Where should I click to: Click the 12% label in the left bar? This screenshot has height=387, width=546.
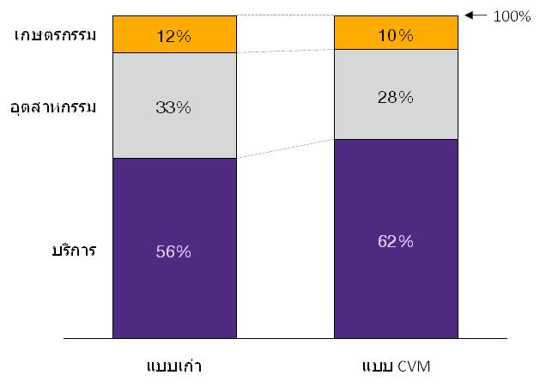pyautogui.click(x=174, y=35)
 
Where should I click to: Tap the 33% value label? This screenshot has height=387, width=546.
pyautogui.click(x=174, y=107)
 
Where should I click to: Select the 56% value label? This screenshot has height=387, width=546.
pyautogui.click(x=174, y=251)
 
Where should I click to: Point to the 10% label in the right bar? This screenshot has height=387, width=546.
pyautogui.click(x=395, y=35)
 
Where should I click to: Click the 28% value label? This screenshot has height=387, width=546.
pyautogui.click(x=395, y=97)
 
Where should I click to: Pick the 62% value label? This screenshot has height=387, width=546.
pyautogui.click(x=395, y=241)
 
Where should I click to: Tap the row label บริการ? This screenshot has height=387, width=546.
pyautogui.click(x=73, y=251)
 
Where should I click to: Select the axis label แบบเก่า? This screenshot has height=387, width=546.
pyautogui.click(x=174, y=366)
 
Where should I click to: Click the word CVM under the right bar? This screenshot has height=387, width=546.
pyautogui.click(x=413, y=366)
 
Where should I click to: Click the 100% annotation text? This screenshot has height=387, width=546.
pyautogui.click(x=513, y=16)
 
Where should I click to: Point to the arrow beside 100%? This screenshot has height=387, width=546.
pyautogui.click(x=476, y=15)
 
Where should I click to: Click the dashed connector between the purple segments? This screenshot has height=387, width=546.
pyautogui.click(x=285, y=148)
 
